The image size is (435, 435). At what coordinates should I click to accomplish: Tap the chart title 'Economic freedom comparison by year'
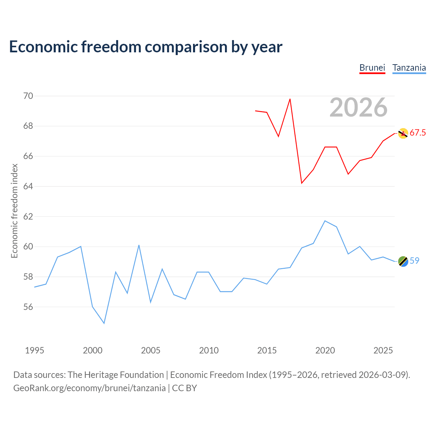145,47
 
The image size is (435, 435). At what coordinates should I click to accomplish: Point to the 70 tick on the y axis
28,96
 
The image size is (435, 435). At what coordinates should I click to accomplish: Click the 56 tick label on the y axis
28,307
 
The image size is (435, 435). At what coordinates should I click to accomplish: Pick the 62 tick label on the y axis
28,216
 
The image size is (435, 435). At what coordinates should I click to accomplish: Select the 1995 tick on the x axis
35,350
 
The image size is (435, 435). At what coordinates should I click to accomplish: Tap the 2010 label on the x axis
209,350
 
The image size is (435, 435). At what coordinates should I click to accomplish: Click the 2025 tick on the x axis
383,350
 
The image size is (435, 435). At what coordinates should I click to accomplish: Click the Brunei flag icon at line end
403,134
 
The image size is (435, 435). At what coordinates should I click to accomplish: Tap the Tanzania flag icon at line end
403,261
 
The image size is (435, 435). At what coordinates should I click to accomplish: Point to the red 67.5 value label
418,133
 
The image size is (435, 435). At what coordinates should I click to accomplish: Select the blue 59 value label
415,261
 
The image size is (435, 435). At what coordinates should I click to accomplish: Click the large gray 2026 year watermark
359,107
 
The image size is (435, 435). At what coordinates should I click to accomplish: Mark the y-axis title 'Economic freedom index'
14,211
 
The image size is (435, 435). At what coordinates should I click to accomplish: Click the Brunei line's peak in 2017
290,99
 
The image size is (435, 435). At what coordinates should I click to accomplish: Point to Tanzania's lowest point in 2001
104,324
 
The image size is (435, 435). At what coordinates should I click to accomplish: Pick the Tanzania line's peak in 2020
325,221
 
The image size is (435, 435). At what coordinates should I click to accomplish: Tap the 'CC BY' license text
185,388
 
